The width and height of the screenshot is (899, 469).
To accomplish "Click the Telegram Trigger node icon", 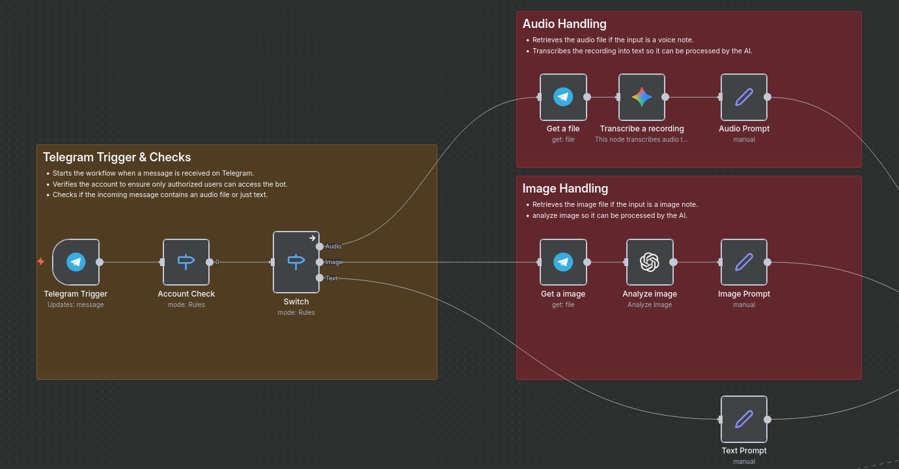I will point(76,262).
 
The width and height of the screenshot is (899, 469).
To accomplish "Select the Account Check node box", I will point(186,262).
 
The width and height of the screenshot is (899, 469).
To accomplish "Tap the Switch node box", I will point(296,262).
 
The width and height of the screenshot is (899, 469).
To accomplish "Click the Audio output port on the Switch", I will point(320,247).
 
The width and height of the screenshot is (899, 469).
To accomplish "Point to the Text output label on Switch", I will point(332,278).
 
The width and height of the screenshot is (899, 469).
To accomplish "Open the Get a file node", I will point(563,97).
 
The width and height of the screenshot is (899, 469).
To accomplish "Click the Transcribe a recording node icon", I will point(642,97).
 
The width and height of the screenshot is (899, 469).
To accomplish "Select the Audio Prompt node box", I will point(744,97).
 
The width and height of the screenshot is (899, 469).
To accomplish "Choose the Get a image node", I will point(563,262).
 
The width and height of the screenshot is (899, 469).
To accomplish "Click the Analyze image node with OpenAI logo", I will point(650,262).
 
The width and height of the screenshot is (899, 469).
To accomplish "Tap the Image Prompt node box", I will point(744,262).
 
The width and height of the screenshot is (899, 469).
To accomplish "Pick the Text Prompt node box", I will point(744,419).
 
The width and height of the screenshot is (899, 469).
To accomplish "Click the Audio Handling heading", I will point(564,24).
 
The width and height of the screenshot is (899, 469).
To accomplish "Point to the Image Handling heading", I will point(565,189).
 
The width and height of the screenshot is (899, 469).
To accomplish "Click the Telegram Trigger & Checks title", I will point(117,157).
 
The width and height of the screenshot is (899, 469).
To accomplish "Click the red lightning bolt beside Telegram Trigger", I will point(41,261).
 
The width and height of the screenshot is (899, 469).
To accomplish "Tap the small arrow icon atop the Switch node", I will point(312,238).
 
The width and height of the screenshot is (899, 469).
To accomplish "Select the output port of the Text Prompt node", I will point(768,420).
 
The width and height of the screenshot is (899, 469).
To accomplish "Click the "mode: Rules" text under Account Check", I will point(186,304).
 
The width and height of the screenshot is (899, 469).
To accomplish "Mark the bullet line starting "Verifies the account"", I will point(170,184).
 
